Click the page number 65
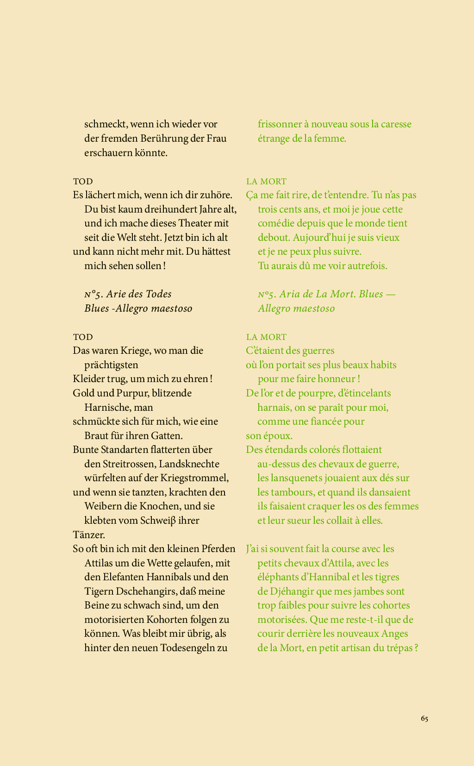coord(424,718)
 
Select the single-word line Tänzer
coord(89,535)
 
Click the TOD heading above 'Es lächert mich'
coord(83,182)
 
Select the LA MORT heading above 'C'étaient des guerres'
coord(266,337)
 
